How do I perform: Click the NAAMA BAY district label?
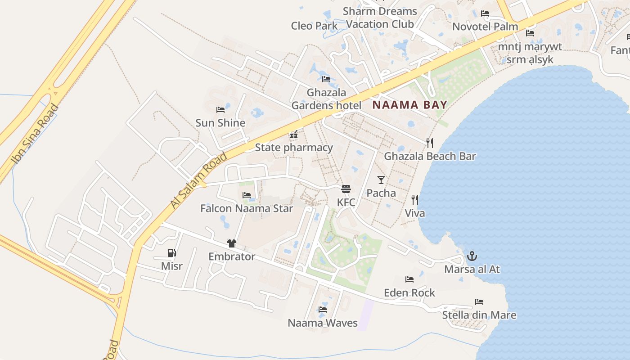tap(410, 105)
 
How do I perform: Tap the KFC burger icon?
tap(346, 189)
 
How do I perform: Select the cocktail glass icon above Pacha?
tap(381, 180)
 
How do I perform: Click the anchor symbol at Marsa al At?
tap(472, 256)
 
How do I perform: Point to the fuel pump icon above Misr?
tap(171, 253)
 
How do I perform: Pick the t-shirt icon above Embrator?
tap(232, 243)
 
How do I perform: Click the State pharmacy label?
tap(294, 148)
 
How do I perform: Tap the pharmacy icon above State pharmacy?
tap(294, 134)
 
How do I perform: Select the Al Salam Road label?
tap(199, 180)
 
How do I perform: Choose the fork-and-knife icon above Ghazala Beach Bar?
tap(430, 143)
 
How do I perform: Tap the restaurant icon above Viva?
tap(414, 200)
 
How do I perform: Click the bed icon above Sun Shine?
tap(220, 109)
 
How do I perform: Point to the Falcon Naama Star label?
tap(247, 208)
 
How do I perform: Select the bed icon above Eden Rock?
tap(409, 279)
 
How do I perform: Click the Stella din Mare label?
tap(479, 315)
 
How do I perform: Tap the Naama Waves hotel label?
tap(323, 323)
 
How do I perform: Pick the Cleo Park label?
tap(314, 26)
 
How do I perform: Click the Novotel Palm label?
tap(485, 27)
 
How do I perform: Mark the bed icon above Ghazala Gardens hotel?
tap(326, 79)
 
